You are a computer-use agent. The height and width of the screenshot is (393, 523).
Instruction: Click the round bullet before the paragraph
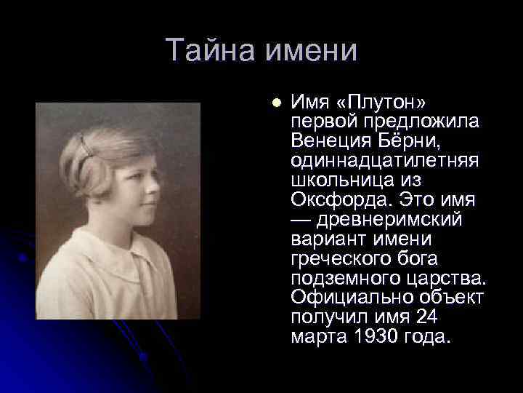275,103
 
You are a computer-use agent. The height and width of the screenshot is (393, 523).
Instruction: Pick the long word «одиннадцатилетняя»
384,159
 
